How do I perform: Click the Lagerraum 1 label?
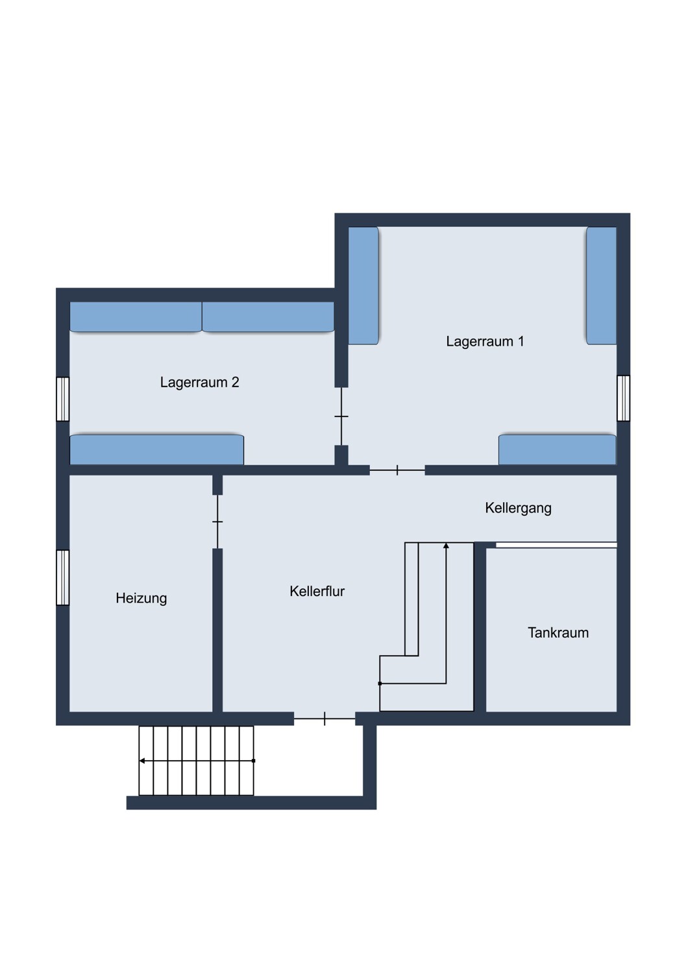(x=485, y=341)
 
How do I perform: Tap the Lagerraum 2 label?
(x=199, y=382)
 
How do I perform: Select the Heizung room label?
(x=141, y=598)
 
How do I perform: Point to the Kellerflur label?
(x=317, y=591)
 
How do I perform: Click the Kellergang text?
(x=518, y=508)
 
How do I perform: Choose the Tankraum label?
(x=558, y=632)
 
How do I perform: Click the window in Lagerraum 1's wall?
(x=623, y=398)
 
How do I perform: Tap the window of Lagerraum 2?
(x=62, y=399)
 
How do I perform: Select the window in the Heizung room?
(x=62, y=577)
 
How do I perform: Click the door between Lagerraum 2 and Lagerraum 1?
(x=341, y=416)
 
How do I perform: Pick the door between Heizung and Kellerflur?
(x=217, y=522)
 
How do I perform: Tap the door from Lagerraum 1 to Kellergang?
(x=397, y=470)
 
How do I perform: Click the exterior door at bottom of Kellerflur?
(x=325, y=719)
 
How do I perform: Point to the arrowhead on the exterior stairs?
(x=141, y=761)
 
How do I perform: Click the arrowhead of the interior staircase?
(x=446, y=546)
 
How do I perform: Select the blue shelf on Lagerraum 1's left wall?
(x=363, y=285)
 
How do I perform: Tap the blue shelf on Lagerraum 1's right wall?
(x=602, y=285)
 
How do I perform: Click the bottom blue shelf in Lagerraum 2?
(x=157, y=450)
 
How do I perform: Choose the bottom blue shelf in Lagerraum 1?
(x=558, y=450)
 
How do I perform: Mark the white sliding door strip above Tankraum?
(x=556, y=545)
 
